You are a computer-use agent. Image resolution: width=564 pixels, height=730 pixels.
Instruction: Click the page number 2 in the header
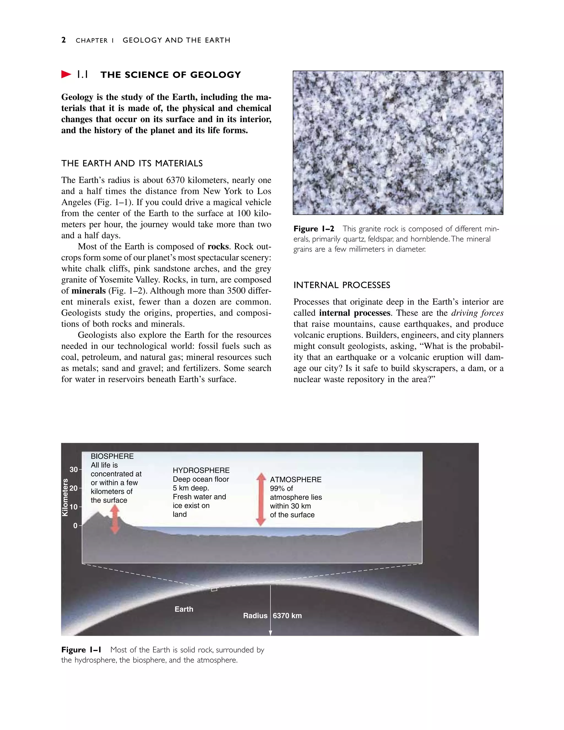coord(64,40)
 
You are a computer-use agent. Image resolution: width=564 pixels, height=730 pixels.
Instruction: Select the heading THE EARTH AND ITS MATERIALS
coord(132,163)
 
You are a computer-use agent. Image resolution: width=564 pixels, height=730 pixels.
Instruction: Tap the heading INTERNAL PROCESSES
coord(342,285)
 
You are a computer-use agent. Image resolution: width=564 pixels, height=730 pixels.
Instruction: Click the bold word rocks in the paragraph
coord(218,247)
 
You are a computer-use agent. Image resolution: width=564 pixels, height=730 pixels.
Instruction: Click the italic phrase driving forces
coord(477,313)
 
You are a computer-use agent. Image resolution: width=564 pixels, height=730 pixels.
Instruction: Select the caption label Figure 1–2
coord(314,229)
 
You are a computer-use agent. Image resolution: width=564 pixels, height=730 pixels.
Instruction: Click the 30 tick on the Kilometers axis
coord(74,470)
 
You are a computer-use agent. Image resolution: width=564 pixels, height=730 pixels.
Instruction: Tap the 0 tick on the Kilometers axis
coord(75,526)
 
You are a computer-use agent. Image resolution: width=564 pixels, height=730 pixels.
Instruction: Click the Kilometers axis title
coord(65,497)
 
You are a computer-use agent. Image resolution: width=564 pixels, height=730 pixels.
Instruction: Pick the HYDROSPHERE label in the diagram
coord(201,470)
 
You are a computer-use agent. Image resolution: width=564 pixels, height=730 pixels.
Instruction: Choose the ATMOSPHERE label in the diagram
coord(296,480)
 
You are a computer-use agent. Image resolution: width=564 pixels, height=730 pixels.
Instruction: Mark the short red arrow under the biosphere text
coord(115,519)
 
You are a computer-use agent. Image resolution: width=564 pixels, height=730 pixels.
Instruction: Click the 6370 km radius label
coord(287,616)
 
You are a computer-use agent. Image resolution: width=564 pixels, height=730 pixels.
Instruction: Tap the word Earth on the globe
coord(184,609)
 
